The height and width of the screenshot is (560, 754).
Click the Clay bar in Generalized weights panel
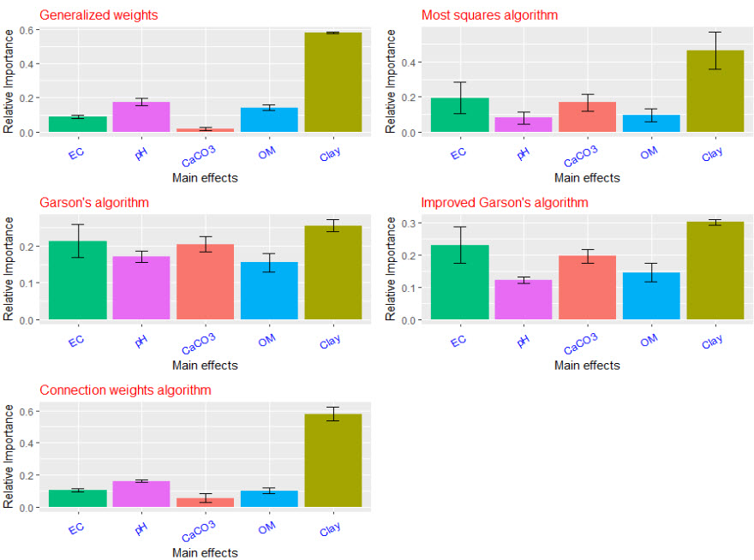point(333,82)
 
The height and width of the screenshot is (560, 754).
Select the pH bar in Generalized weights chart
point(141,117)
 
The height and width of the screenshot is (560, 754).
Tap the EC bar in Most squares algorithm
point(460,115)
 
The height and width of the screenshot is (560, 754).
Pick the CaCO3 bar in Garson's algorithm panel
point(206,282)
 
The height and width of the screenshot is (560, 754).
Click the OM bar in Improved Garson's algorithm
point(651,296)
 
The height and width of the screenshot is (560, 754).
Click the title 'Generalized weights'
point(99,15)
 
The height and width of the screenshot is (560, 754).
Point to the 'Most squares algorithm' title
point(489,15)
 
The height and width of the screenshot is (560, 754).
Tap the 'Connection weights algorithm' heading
point(125,390)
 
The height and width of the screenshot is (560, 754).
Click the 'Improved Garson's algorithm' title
point(505,203)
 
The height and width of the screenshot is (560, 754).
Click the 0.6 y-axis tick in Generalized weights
point(27,30)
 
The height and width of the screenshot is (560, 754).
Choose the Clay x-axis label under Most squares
point(711,154)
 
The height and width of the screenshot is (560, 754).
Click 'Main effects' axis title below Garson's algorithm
point(205,366)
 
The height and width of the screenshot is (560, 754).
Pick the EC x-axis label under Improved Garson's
point(458,341)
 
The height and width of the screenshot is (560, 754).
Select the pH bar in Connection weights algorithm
point(141,493)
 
